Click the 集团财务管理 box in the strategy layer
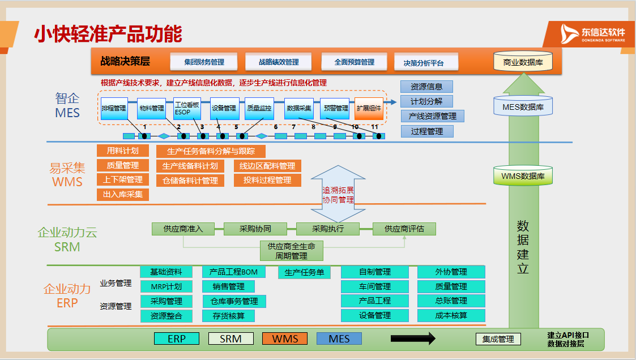click(x=204, y=62)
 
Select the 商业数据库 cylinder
click(x=523, y=62)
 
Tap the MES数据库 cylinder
click(x=523, y=106)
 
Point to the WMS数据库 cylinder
click(x=523, y=176)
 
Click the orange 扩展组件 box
click(x=369, y=108)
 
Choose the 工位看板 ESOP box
click(x=187, y=108)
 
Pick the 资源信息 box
click(x=426, y=87)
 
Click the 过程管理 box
click(x=426, y=131)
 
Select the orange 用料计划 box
click(x=123, y=151)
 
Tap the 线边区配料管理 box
click(x=267, y=166)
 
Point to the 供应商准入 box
click(x=183, y=229)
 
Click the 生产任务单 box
click(x=304, y=272)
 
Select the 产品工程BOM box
click(x=233, y=272)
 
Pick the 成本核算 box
click(x=451, y=315)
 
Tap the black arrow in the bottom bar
click(x=413, y=338)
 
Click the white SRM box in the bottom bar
click(x=231, y=338)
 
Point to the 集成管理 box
click(x=498, y=339)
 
